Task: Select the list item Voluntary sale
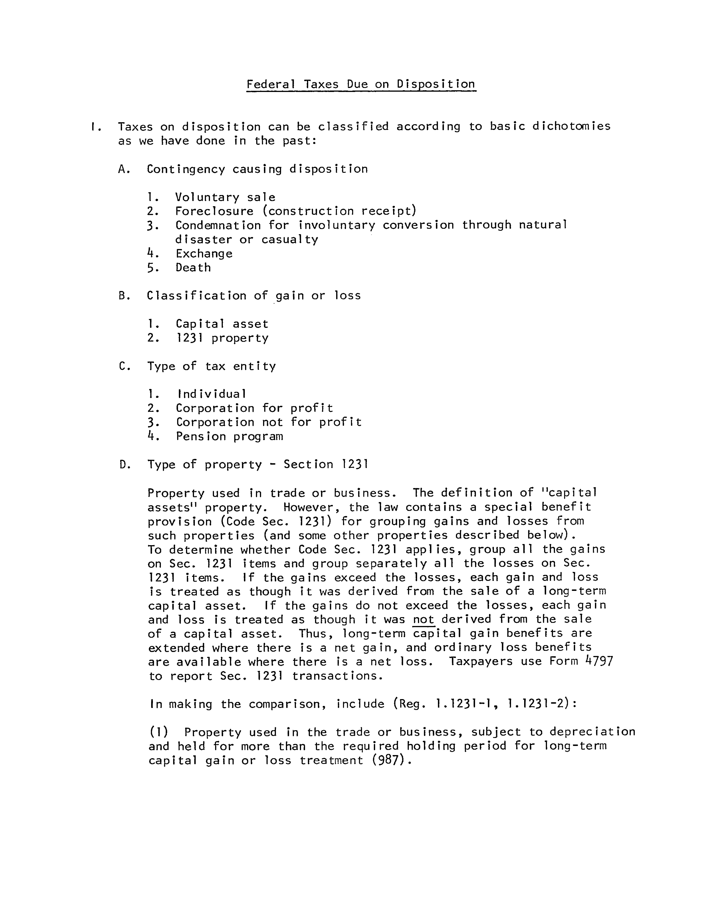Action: tap(225, 197)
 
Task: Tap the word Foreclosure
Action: tap(214, 211)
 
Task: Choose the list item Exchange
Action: tap(204, 254)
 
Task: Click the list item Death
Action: tap(193, 267)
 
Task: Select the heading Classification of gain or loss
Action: tap(254, 296)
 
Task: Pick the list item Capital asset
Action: tap(222, 324)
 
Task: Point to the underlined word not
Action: tap(424, 619)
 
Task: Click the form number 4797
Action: tap(599, 662)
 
